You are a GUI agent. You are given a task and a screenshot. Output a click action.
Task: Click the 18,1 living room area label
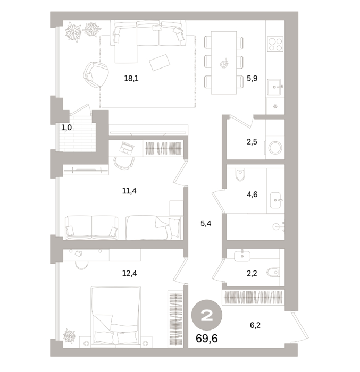click(x=131, y=78)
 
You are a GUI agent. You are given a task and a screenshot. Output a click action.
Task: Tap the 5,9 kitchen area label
click(x=252, y=78)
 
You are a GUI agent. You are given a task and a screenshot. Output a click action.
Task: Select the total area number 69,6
click(x=207, y=339)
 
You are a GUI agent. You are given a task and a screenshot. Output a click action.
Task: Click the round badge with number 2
click(x=207, y=315)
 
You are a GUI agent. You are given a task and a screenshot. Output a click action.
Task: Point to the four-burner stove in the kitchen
click(x=275, y=44)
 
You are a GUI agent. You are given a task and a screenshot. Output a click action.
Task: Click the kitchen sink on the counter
click(x=275, y=87)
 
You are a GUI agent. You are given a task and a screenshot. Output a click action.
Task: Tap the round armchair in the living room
click(x=96, y=75)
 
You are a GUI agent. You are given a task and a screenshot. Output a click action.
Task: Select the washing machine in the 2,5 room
click(x=275, y=148)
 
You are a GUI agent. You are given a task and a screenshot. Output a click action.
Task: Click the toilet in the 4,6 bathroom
click(x=240, y=175)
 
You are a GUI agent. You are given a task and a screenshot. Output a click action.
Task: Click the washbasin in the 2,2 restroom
click(x=242, y=256)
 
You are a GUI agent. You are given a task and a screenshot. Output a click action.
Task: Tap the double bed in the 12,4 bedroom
click(x=115, y=317)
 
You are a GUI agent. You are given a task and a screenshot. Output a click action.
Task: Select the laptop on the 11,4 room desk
click(x=127, y=148)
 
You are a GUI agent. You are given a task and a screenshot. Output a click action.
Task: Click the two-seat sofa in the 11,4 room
click(x=91, y=227)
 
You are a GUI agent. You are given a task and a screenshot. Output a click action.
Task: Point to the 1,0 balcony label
click(x=66, y=128)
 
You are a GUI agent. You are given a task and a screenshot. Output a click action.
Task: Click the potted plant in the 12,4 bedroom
click(x=69, y=336)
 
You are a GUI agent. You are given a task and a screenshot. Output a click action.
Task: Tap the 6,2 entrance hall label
click(x=255, y=325)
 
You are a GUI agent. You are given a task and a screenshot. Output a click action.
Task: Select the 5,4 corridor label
click(x=206, y=224)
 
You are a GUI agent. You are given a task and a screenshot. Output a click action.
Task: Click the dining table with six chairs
click(x=224, y=63)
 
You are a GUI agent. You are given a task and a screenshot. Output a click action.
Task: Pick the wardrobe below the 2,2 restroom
click(x=253, y=298)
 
